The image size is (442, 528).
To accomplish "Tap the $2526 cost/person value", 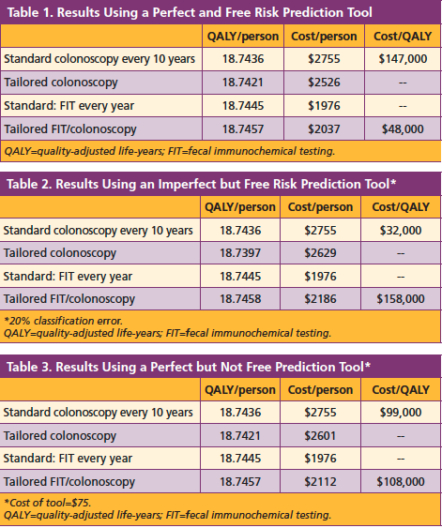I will coord(326,83).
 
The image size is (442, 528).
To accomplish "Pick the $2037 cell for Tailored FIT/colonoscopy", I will coord(326,129).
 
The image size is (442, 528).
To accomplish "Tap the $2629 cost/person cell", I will coord(326,253).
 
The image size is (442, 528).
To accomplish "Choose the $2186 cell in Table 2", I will coord(326,300).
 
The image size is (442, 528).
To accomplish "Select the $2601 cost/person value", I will coord(326,434).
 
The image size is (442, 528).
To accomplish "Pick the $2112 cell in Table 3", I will coord(326,481).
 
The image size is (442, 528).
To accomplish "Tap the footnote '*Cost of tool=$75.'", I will coord(49,502).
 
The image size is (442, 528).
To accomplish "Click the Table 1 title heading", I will coord(188,13).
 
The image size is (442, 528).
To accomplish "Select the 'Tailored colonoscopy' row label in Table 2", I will coord(60,253).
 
